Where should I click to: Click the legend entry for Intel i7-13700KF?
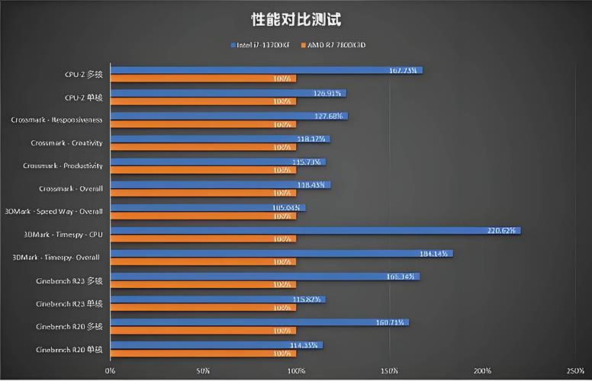click(x=263, y=45)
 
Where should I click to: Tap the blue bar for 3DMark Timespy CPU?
click(x=316, y=230)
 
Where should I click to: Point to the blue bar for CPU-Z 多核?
click(x=266, y=70)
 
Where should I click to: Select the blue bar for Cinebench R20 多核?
click(x=260, y=322)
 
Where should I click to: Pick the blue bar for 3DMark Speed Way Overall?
click(x=208, y=207)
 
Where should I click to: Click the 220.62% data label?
click(x=503, y=230)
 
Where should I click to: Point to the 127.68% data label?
click(x=330, y=116)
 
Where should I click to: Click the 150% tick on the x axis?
click(x=389, y=371)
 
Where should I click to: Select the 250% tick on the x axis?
click(x=575, y=371)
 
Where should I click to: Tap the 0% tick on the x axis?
click(x=111, y=371)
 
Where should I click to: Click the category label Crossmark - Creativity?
click(x=66, y=142)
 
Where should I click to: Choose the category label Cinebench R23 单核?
click(x=69, y=303)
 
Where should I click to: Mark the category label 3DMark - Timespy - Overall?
click(x=56, y=258)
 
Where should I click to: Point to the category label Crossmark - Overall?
click(x=70, y=188)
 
